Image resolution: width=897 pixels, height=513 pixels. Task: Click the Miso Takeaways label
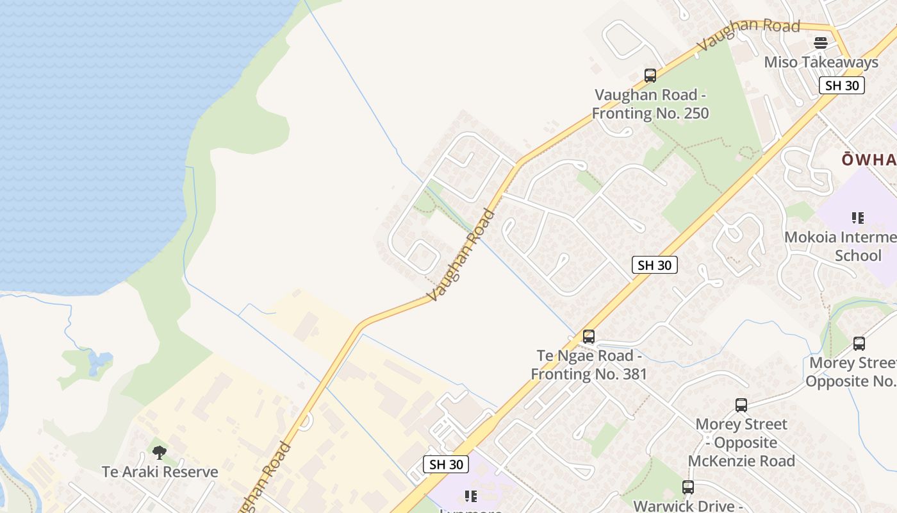coord(821,62)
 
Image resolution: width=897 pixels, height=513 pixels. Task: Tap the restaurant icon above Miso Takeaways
coord(821,43)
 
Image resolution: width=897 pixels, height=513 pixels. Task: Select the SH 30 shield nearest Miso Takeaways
coord(841,85)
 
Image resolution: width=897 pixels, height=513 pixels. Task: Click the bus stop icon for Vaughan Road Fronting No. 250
coord(650,76)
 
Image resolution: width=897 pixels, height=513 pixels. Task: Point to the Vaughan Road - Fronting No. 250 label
coord(650,104)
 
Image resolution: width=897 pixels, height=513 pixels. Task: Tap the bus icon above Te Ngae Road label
coord(588,336)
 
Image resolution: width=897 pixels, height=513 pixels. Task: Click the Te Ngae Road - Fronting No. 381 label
coord(589,364)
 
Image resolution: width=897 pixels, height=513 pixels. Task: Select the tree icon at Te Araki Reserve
coord(160,453)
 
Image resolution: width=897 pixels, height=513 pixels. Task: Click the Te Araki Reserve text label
coord(160,472)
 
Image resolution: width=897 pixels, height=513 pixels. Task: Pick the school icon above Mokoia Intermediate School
coord(858,218)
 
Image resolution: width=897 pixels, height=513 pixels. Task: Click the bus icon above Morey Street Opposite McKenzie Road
coord(741,405)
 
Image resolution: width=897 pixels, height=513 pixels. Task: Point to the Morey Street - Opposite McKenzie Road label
coord(741,442)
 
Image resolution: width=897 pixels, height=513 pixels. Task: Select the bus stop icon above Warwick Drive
coord(688,487)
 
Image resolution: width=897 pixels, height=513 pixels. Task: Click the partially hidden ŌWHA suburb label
coord(869,160)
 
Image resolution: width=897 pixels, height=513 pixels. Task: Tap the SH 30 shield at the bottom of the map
coord(446,464)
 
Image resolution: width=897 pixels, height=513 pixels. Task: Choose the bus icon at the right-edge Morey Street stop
coord(859,344)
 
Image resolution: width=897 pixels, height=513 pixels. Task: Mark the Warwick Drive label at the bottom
coord(688,506)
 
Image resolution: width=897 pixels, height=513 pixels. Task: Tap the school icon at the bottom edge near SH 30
coord(471,496)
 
